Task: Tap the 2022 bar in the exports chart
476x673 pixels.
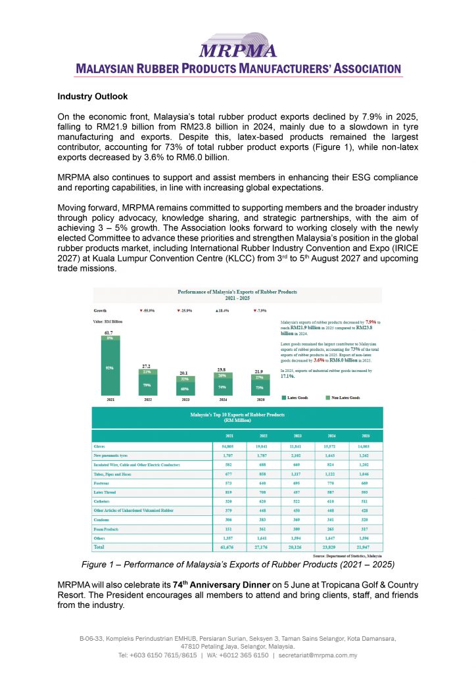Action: pos(145,378)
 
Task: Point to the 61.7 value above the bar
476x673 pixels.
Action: pos(107,333)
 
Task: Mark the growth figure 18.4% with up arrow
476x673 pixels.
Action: pos(222,310)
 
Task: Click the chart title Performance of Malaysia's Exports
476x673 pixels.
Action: pos(237,293)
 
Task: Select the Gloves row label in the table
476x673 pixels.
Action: pos(100,445)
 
